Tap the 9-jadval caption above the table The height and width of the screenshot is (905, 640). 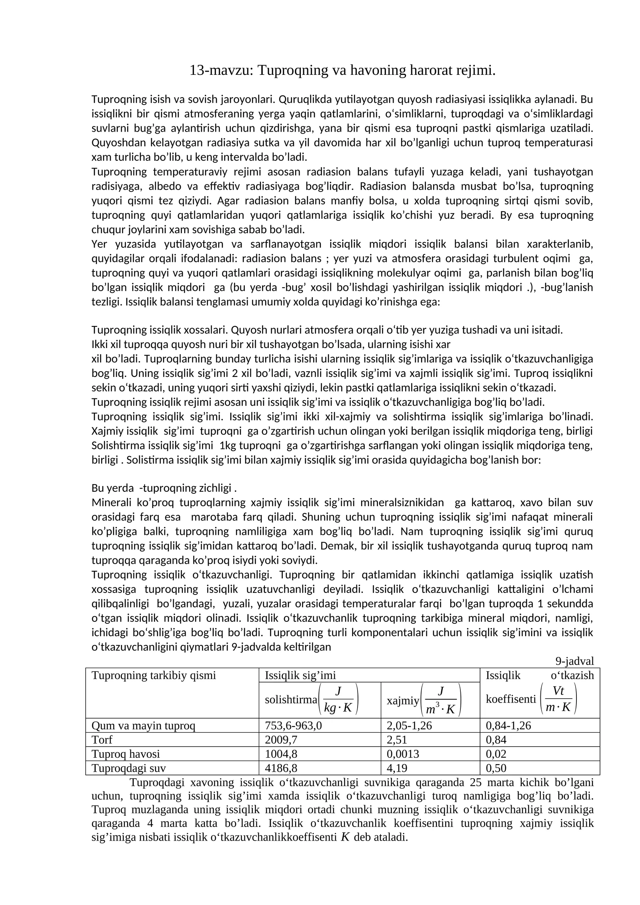574,661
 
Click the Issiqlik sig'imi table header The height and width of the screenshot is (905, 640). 300,675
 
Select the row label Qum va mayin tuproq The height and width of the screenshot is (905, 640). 143,725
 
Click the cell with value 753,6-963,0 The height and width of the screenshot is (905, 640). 293,725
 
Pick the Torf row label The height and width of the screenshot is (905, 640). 102,739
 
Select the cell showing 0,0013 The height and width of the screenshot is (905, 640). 402,754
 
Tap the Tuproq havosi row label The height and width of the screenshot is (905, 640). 126,754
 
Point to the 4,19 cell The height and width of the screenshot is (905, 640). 397,768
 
